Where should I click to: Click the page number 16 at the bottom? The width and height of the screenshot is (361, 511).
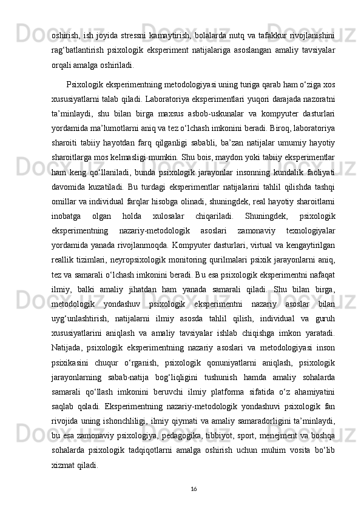(x=192, y=489)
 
